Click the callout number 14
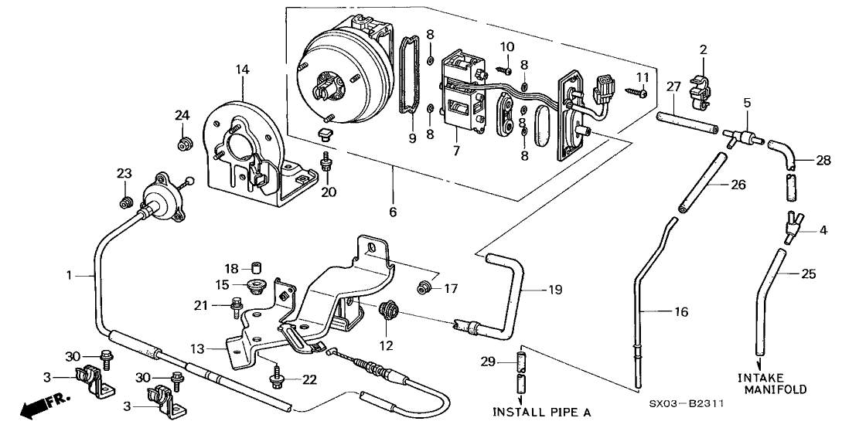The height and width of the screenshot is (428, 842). point(243,70)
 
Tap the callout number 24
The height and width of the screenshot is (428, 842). point(182,116)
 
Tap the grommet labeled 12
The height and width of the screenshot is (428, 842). point(388,311)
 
